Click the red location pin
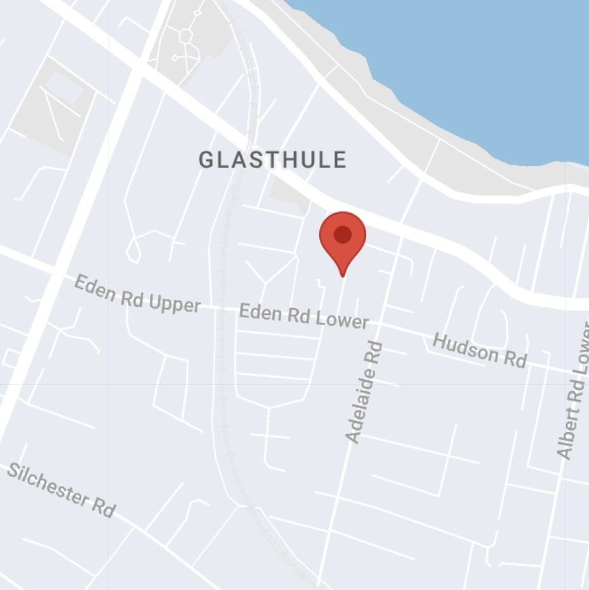click(342, 238)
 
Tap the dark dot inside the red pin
click(342, 234)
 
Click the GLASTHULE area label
click(273, 160)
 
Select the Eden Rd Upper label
click(137, 294)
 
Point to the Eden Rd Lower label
click(303, 316)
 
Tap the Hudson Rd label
click(479, 350)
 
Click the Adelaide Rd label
click(364, 392)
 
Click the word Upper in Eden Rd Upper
click(173, 302)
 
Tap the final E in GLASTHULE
click(340, 160)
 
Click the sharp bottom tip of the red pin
click(343, 276)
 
